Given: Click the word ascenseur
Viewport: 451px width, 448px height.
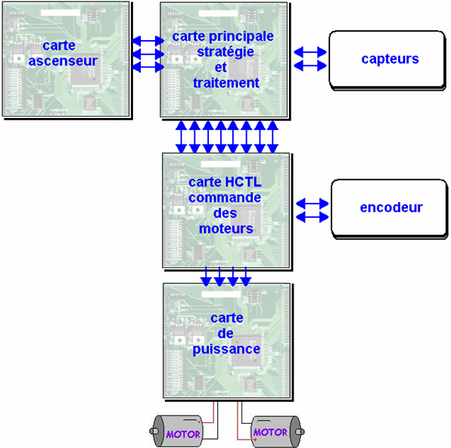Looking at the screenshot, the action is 63,61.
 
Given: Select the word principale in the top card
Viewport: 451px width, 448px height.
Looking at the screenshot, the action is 241,37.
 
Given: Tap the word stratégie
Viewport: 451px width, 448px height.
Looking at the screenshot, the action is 225,52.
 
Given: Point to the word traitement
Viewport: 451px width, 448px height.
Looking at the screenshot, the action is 226,83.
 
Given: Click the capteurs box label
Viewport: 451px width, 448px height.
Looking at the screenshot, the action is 390,59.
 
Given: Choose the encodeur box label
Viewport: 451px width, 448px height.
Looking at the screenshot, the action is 391,207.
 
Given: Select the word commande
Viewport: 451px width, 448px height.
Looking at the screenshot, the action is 225,198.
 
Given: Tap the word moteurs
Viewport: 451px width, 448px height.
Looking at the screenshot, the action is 226,229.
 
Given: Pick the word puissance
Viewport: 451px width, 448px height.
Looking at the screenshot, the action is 226,350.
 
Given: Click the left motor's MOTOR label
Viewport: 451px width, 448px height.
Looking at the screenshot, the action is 183,434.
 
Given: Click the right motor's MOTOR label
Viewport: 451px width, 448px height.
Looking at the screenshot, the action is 270,432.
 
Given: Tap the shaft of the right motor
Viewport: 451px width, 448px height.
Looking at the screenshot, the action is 300,431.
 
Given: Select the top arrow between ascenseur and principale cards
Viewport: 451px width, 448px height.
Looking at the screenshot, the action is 148,41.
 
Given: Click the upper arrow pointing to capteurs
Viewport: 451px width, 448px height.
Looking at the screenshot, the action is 310,52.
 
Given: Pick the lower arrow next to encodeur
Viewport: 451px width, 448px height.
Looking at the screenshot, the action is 313,217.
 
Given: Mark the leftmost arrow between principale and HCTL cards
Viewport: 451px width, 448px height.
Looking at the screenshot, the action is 181,137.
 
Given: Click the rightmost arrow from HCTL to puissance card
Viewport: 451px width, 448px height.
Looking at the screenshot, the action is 246,277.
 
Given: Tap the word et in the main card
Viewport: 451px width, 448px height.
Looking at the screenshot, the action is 221,68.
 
